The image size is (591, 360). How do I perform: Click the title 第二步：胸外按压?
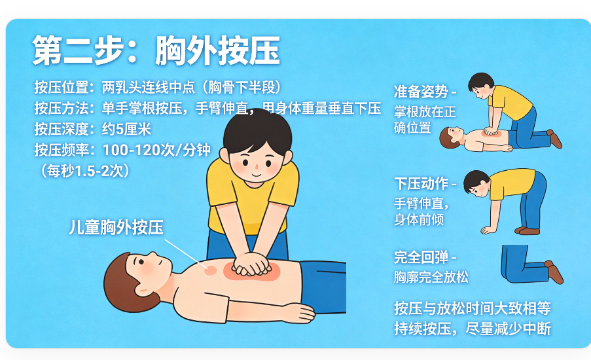156,50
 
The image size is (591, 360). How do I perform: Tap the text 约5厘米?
126,130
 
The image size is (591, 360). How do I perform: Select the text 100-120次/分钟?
157,150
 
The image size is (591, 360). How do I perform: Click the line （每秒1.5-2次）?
85,171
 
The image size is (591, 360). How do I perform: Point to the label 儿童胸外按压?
116,227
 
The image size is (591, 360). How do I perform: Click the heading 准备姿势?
421,92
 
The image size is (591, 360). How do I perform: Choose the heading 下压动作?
421,183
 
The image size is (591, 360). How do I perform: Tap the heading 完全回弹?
421,257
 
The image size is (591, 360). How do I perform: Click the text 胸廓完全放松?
431,277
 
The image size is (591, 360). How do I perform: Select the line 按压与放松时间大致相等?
473,308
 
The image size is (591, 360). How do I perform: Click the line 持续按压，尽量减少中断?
473,329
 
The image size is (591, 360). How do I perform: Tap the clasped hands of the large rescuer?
251,264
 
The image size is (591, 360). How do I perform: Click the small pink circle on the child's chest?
210,270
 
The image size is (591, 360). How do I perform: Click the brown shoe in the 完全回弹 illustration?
555,272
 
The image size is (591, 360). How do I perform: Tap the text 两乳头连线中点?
149,88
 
